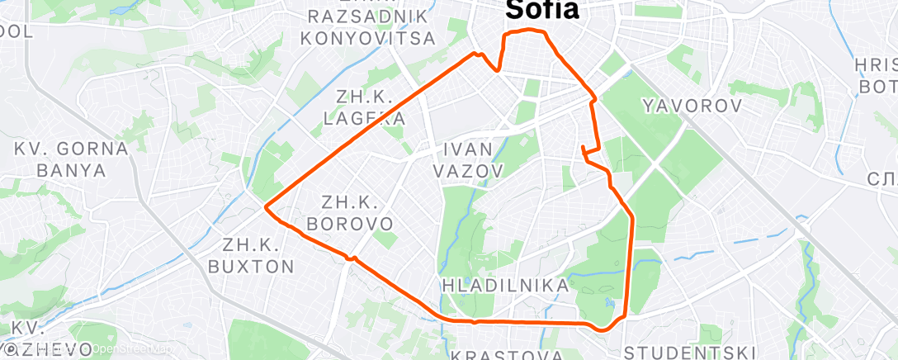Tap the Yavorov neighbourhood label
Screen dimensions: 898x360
692,105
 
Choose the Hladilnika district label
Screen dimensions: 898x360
505,286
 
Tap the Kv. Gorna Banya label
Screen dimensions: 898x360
72,160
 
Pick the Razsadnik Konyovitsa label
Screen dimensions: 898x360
367,27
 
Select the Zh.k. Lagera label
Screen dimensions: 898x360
364,107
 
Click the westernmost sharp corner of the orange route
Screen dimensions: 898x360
265,207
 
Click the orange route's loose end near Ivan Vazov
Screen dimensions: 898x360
583,148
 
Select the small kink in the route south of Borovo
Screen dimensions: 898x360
352,258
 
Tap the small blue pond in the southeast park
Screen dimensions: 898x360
608,302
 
